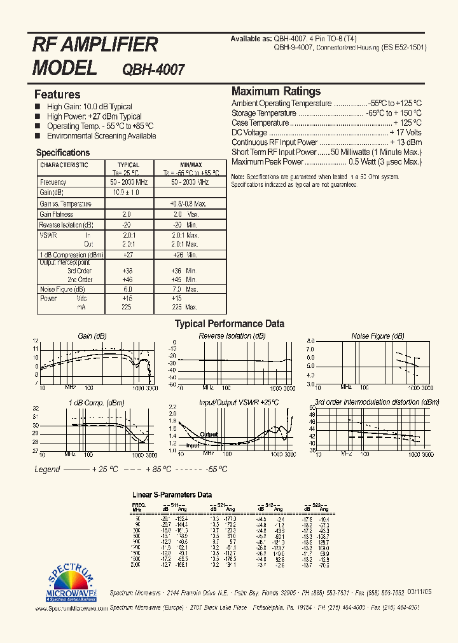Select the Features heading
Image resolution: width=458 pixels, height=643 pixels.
pos(57,94)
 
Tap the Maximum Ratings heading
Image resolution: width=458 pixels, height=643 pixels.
pos(276,91)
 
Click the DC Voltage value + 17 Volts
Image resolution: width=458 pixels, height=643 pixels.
pos(405,133)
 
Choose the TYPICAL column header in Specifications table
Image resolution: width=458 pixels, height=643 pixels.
pos(128,165)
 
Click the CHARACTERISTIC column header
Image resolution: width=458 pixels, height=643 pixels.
pos(64,165)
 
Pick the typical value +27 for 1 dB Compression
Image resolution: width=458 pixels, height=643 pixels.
pos(127,255)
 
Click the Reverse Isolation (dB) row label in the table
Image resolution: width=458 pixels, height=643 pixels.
pos(66,225)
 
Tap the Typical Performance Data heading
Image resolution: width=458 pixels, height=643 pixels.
pos(230,323)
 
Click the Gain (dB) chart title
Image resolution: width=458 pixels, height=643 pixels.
pos(92,335)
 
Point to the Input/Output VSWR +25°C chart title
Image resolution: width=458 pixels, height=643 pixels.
pos(239,402)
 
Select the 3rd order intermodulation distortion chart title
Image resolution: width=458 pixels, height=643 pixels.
pos(377,402)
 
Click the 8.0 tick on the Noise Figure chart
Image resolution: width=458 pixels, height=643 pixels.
pos(310,341)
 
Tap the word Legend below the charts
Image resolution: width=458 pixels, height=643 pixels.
pos(47,470)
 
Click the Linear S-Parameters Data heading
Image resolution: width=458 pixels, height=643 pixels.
pos(172,494)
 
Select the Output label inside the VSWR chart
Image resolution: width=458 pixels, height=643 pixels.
pos(209,435)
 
